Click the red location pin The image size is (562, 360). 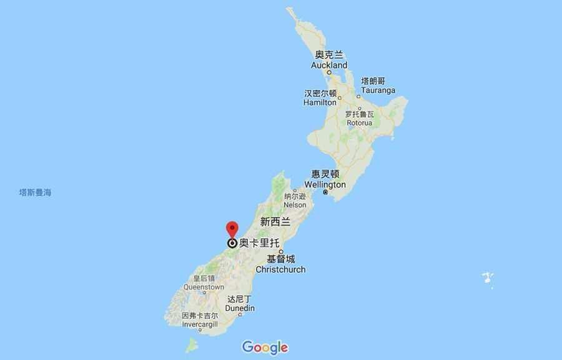(232, 230)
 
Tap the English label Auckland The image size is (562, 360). (329, 65)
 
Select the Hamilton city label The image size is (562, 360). (320, 102)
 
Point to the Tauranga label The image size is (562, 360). (378, 90)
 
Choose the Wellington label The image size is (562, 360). (325, 185)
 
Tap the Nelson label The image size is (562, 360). (295, 205)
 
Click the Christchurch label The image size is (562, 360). (280, 270)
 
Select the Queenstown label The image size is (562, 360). (204, 287)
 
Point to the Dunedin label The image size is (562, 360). (240, 308)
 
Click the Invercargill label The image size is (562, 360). (200, 324)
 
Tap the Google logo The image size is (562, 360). (265, 348)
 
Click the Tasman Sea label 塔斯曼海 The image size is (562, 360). (35, 193)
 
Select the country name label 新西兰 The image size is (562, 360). (275, 221)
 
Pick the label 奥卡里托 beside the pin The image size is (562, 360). (259, 243)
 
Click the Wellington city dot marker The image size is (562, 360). (325, 192)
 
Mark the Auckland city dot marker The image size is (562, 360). (329, 72)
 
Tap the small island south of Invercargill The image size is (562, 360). (191, 344)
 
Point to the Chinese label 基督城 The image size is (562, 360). (281, 259)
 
